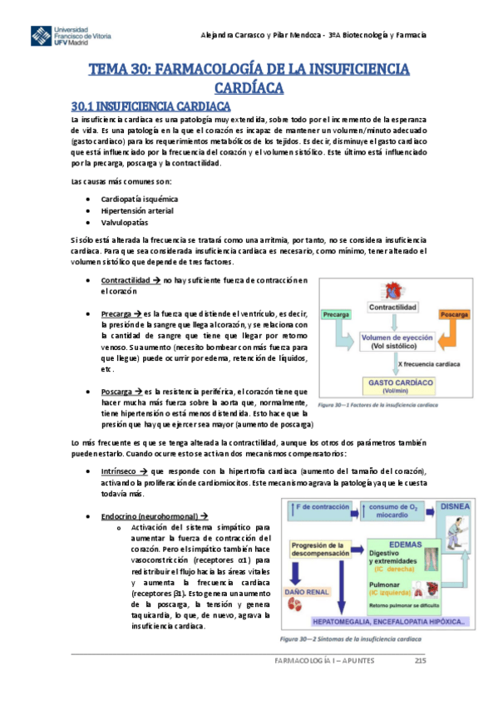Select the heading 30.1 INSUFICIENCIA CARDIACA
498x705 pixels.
click(x=150, y=106)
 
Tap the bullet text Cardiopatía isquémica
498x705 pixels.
click(x=139, y=200)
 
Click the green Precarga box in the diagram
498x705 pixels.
click(x=336, y=316)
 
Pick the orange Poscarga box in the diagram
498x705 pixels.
click(x=455, y=316)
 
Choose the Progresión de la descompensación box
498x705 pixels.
click(x=321, y=550)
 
